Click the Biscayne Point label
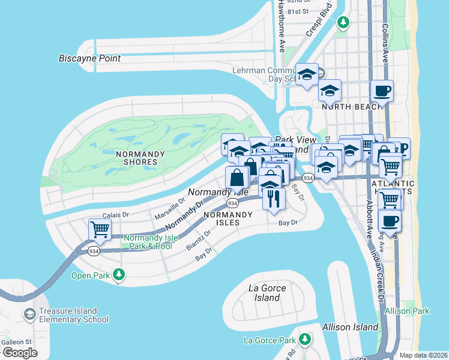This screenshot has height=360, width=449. (x=89, y=58)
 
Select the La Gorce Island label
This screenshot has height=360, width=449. (x=268, y=293)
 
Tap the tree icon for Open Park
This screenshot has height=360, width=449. (x=120, y=275)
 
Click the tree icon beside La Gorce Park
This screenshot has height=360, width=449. (x=306, y=340)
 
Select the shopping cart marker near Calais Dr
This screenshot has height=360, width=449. (x=100, y=229)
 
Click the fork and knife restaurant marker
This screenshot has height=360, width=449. (x=274, y=199)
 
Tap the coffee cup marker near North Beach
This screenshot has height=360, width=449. (x=382, y=91)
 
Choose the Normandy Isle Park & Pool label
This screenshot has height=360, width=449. (x=148, y=242)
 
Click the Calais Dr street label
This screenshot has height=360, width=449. (x=116, y=214)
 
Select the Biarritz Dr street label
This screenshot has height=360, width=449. (x=199, y=239)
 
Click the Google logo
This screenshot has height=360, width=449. (x=20, y=353)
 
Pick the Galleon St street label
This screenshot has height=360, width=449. (x=16, y=342)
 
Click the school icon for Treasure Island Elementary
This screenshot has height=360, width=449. (x=29, y=314)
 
